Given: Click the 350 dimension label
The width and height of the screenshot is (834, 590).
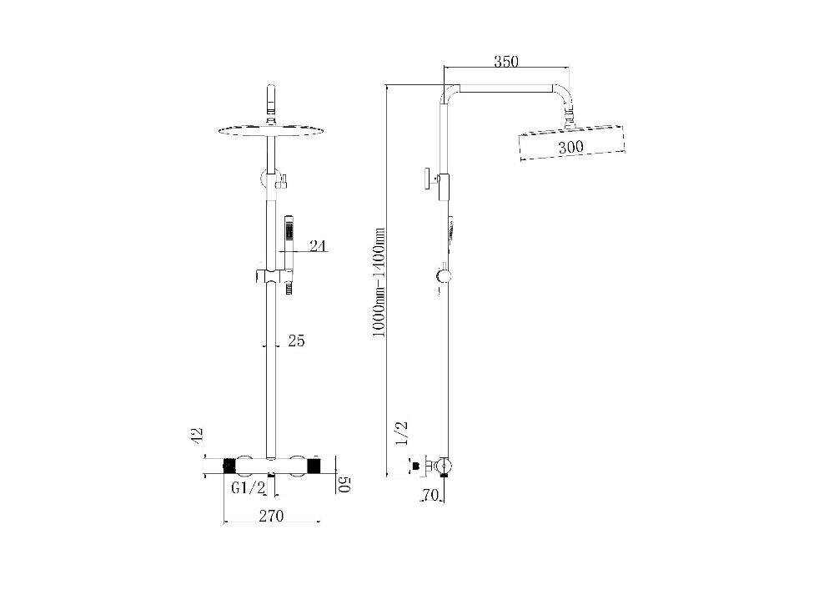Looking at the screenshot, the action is (x=506, y=61).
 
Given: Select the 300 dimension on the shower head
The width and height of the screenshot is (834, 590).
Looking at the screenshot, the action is (x=570, y=147).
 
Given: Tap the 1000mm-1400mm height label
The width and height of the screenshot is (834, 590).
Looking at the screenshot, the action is (x=378, y=281).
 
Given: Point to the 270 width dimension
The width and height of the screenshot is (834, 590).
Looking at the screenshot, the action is (x=271, y=516).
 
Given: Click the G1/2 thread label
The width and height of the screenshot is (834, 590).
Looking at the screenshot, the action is (x=248, y=487).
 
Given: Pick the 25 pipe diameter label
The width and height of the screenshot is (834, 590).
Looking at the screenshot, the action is (x=296, y=340).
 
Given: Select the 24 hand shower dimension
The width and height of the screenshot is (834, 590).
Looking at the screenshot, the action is (x=318, y=245).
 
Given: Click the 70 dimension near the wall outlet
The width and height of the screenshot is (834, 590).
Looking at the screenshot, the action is (x=430, y=496).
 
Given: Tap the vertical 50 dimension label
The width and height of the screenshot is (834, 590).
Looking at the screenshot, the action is (x=345, y=485).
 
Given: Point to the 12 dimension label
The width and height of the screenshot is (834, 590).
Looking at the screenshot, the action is (x=196, y=435).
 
